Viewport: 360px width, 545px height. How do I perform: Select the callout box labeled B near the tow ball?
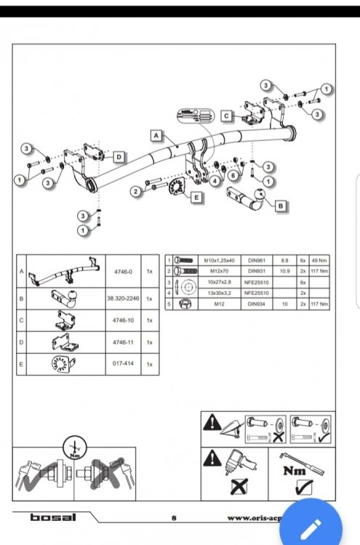[x=281, y=206]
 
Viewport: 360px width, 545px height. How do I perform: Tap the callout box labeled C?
[x=227, y=115]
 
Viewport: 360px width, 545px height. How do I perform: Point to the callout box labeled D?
[x=118, y=156]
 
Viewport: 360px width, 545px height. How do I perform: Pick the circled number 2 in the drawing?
[x=136, y=192]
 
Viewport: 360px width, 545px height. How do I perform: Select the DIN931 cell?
[x=257, y=270]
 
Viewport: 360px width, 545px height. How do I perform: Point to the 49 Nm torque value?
[x=319, y=259]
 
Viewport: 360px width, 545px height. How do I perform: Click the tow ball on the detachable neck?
[x=259, y=195]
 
